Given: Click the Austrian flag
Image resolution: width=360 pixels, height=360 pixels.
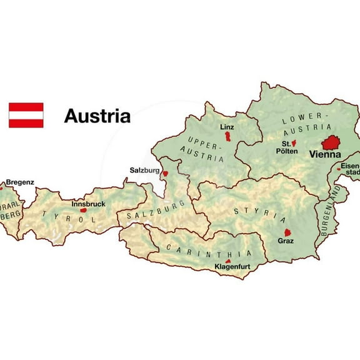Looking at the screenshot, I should [x=26, y=115].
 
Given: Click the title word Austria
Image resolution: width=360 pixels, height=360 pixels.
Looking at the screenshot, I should [x=97, y=116].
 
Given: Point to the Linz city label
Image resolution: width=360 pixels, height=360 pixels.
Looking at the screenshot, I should [x=227, y=127].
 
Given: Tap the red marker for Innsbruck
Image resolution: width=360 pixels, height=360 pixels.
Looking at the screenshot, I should [x=83, y=210].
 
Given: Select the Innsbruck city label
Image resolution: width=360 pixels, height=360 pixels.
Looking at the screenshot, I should [x=87, y=204].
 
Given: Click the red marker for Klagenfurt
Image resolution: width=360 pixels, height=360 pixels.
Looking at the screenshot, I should [x=228, y=261].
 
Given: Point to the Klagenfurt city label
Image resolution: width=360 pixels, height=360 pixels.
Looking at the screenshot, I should [x=232, y=267].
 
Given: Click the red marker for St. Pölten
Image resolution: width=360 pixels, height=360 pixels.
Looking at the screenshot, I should [x=294, y=143].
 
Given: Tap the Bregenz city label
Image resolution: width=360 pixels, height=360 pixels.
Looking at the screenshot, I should [x=20, y=182].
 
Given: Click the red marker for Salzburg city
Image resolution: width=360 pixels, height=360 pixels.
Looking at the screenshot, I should [x=165, y=174].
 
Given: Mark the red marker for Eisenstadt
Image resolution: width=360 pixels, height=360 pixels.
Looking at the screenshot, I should [x=338, y=167].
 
